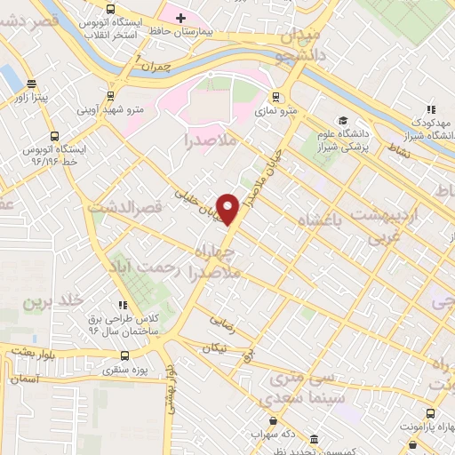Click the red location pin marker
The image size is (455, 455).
(x=228, y=209)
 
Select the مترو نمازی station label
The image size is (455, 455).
(x=274, y=112)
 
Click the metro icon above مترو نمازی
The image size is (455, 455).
(x=275, y=96)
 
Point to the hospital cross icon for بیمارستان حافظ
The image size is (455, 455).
(x=180, y=17)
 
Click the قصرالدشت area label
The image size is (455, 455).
(x=128, y=206)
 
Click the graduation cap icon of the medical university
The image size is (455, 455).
(x=342, y=121)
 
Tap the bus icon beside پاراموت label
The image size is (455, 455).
(x=431, y=413)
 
